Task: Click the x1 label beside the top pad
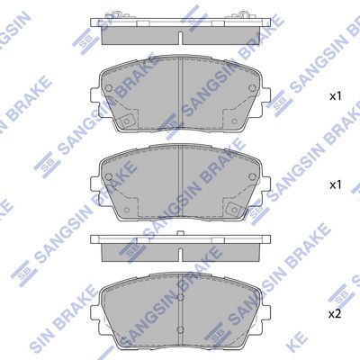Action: (x=336, y=96)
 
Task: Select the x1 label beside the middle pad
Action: (x=336, y=185)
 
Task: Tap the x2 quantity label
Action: (x=335, y=314)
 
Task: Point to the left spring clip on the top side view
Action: (x=116, y=14)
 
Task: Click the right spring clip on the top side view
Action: (x=243, y=14)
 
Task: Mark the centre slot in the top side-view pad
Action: (x=180, y=38)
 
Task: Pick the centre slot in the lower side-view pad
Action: (x=180, y=255)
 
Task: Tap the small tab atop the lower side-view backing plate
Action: (x=180, y=233)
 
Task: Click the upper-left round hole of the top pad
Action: (x=109, y=88)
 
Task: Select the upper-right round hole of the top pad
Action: (x=252, y=87)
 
